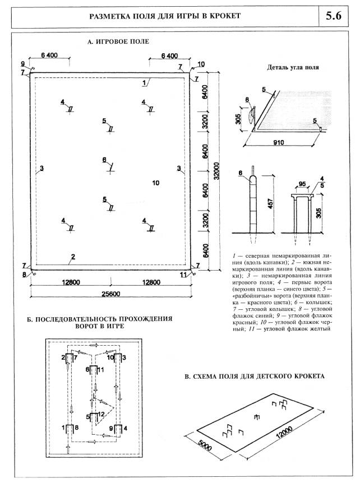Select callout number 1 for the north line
click(x=145, y=82)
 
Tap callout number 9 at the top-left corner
click(x=23, y=63)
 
